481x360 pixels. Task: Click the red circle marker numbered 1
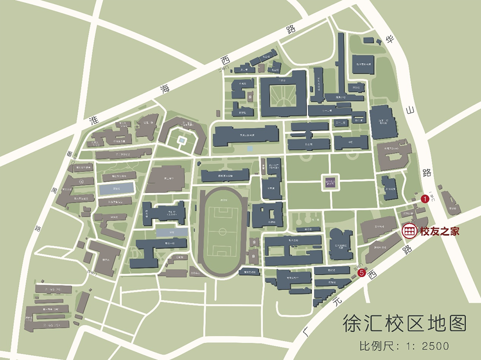tap(425, 198)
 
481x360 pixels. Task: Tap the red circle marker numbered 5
tap(362, 274)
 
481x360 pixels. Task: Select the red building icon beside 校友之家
tap(409, 231)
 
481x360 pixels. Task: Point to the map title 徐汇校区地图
tap(404, 323)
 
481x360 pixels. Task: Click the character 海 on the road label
tap(165, 88)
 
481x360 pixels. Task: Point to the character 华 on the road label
tap(389, 40)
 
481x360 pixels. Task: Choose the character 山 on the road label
tap(410, 110)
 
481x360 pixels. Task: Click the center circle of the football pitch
tap(222, 231)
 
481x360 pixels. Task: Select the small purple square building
tap(330, 182)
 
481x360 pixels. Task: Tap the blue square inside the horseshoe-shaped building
tap(182, 141)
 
